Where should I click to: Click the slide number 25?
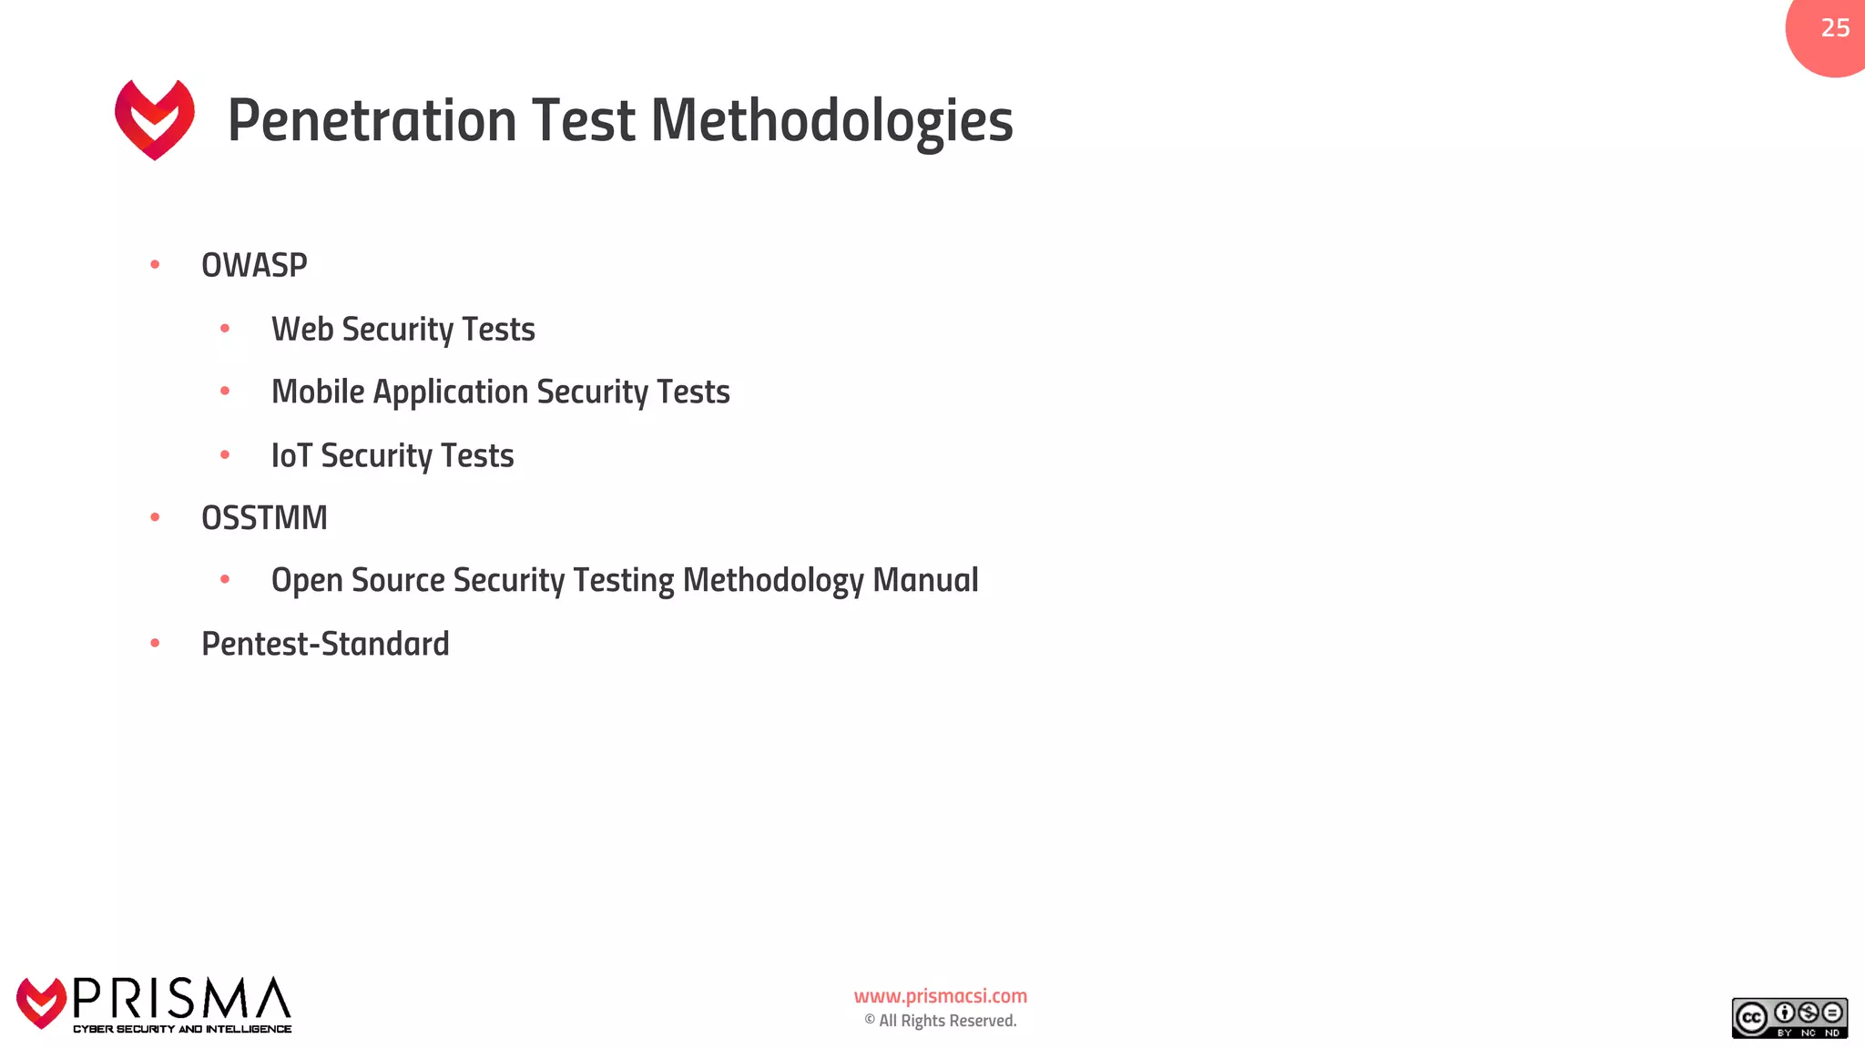pos(1835,28)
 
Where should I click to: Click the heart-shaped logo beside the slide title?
pos(155,119)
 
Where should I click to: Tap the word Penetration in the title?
pos(372,120)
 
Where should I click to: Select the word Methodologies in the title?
pos(831,122)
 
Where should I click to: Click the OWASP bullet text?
pos(254,265)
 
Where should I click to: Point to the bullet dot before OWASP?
pos(155,265)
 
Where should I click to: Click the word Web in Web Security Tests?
pos(302,329)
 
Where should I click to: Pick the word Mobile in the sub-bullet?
pos(318,392)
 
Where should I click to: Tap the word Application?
pos(451,392)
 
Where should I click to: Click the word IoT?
pos(291,455)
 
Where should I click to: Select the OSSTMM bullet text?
pos(264,517)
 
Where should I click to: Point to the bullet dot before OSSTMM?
pos(155,517)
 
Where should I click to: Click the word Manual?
pos(925,580)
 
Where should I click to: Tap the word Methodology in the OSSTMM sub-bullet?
pos(773,581)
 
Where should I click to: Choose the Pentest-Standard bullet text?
pos(325,644)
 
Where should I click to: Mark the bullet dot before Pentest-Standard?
pos(155,643)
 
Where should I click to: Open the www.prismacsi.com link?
pos(940,996)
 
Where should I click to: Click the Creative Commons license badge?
pos(1789,1018)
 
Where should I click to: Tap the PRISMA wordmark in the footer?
pos(181,999)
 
